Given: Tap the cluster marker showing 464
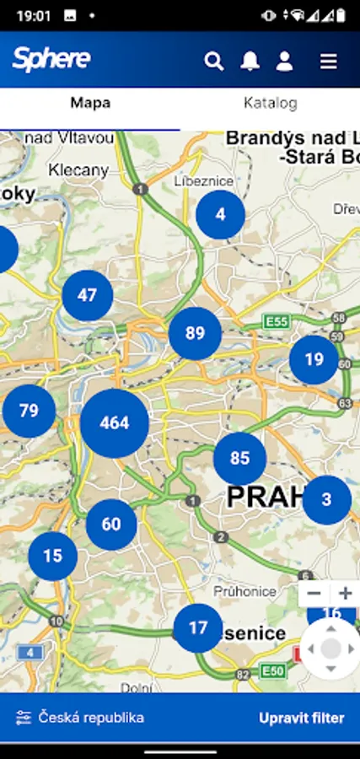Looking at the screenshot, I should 115,423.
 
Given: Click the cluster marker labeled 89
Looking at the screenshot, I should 195,334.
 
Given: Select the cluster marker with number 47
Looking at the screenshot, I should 88,295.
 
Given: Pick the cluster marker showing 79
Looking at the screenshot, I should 30,411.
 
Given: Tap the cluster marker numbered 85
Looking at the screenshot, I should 239,459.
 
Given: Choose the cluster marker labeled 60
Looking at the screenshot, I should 111,524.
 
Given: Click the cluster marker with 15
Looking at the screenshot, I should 52,556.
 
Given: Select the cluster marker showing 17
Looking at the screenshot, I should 198,628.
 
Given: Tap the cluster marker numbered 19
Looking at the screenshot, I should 314,359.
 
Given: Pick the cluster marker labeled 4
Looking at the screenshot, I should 220,214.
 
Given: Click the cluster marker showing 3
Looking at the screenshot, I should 326,499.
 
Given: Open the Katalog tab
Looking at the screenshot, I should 270,104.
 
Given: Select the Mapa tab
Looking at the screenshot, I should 90,104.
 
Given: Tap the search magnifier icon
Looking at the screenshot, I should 214,61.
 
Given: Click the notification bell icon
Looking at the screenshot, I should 250,61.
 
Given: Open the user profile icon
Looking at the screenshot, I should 285,61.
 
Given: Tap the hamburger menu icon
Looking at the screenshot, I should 329,61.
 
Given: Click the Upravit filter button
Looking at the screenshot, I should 301,719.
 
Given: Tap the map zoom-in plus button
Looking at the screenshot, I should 346,594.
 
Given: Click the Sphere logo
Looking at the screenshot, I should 51,59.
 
